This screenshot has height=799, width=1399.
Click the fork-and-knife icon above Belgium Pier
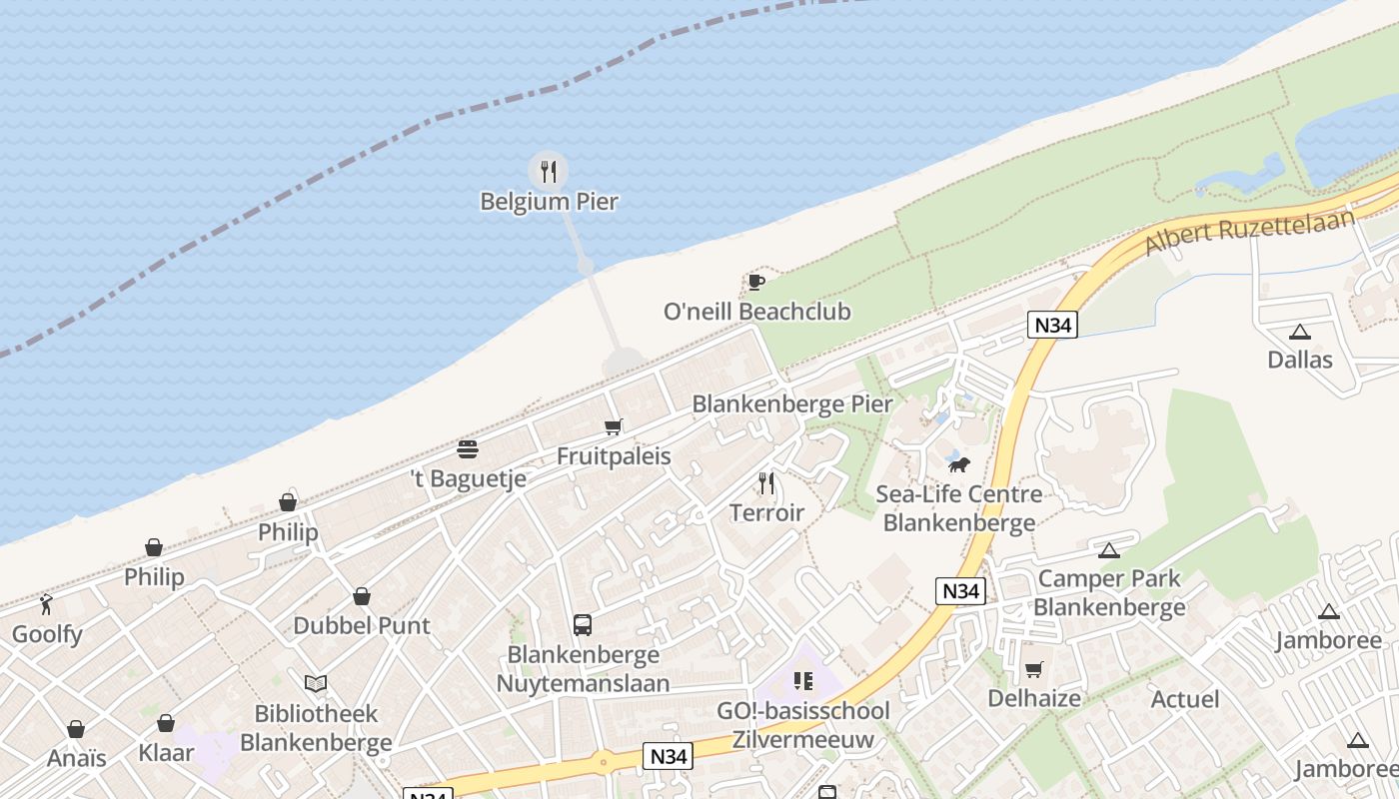pyautogui.click(x=548, y=172)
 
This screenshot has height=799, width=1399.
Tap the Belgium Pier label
pyautogui.click(x=549, y=202)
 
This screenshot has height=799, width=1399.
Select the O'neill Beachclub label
pyautogui.click(x=756, y=312)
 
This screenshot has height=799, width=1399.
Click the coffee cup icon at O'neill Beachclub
pyautogui.click(x=755, y=282)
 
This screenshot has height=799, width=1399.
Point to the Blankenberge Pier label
pyautogui.click(x=791, y=404)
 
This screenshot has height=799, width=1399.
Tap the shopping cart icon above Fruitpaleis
pyautogui.click(x=613, y=427)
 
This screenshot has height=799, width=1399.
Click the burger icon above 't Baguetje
pyautogui.click(x=468, y=448)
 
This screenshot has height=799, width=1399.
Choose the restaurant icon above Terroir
pyautogui.click(x=766, y=483)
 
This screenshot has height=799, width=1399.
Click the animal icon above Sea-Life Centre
pyautogui.click(x=958, y=464)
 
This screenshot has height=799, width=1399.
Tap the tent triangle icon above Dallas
pyautogui.click(x=1299, y=332)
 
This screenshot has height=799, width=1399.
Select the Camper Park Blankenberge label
pyautogui.click(x=1109, y=592)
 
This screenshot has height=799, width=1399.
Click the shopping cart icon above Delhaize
pyautogui.click(x=1033, y=669)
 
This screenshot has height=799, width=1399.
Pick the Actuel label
pyautogui.click(x=1185, y=699)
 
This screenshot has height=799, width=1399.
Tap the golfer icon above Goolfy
pyautogui.click(x=46, y=603)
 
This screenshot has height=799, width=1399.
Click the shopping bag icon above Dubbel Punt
pyautogui.click(x=362, y=596)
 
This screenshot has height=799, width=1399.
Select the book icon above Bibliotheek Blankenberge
pyautogui.click(x=316, y=684)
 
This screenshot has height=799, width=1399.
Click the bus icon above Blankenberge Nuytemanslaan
pyautogui.click(x=583, y=625)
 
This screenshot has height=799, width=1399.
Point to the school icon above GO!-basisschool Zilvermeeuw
pyautogui.click(x=802, y=681)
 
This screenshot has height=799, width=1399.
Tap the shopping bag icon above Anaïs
pyautogui.click(x=76, y=729)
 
